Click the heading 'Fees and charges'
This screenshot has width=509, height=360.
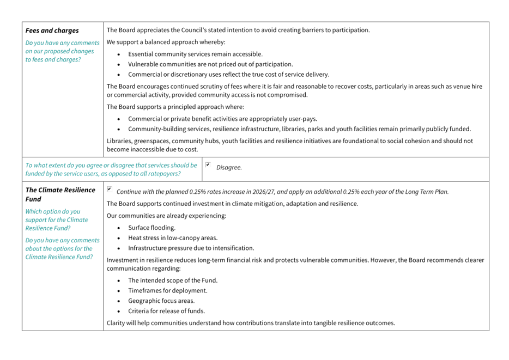52,30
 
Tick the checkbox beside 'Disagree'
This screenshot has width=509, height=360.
209,165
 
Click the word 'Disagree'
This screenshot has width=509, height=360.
229,168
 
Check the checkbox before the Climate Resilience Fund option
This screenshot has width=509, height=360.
111,190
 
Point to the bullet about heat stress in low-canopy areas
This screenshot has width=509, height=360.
173,237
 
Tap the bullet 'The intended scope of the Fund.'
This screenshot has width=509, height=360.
173,280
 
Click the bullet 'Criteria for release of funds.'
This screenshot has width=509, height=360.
166,311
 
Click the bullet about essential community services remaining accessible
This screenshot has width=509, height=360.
195,54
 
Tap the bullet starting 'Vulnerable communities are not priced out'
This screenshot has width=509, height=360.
210,64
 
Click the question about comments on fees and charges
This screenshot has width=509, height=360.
63,51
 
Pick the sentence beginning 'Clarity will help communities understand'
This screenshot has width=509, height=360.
250,324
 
